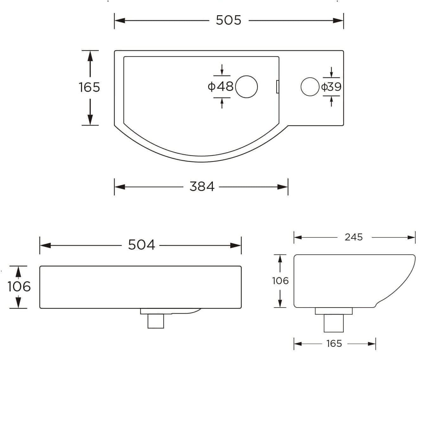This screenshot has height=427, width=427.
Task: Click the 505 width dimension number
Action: tap(228, 20)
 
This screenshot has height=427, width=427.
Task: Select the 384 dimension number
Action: tap(202, 187)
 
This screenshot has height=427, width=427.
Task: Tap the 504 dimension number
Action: tap(141, 245)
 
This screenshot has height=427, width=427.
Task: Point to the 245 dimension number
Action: tap(354, 237)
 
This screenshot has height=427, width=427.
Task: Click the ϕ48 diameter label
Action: tap(220, 86)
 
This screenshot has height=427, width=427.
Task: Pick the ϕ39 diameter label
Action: tap(331, 87)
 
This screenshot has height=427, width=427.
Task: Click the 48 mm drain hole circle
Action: tap(247, 86)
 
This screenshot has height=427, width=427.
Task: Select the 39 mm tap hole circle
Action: tap(310, 87)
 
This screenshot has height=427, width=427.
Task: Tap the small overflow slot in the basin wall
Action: tap(277, 86)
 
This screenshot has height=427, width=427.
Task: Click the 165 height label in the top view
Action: tap(89, 87)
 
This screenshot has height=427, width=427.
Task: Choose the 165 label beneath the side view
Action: tap(334, 344)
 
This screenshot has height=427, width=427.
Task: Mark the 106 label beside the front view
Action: tap(19, 287)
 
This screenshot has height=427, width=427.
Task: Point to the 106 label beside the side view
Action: tap(280, 281)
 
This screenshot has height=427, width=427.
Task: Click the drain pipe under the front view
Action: tap(156, 321)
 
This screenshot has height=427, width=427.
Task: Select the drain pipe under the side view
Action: tap(334, 323)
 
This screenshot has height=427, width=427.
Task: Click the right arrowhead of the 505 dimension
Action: tap(338, 21)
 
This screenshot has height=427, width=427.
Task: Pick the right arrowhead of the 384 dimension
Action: tap(283, 187)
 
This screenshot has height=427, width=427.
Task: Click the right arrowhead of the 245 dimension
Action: tap(411, 238)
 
